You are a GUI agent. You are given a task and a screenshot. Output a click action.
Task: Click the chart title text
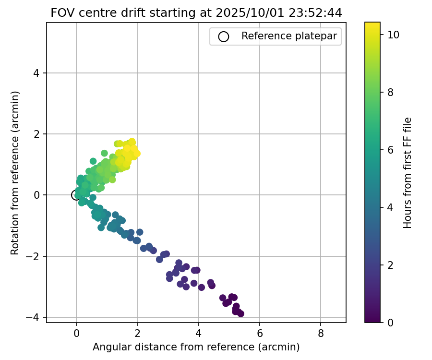[196, 13]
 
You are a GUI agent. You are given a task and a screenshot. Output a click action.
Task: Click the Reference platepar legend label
[288, 36]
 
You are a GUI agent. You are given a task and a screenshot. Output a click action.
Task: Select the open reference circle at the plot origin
[76, 195]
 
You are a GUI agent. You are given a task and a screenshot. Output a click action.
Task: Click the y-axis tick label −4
[36, 317]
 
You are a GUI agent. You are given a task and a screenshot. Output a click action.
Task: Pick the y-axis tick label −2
[36, 256]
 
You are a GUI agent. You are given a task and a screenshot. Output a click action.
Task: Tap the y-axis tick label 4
[39, 73]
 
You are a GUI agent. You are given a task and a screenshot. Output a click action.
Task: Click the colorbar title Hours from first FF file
[408, 173]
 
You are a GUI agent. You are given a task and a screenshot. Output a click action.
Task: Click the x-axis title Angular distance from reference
[196, 347]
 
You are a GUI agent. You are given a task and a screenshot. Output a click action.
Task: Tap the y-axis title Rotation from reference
[15, 173]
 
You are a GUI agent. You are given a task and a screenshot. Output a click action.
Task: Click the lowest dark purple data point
[240, 313]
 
